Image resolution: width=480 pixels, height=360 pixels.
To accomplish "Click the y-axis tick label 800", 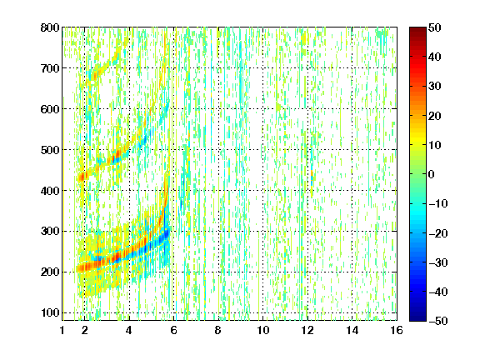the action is point(50,27).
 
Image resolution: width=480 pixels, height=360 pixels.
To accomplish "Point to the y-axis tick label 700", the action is point(50,68).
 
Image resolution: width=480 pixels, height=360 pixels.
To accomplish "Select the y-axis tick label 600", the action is point(50,109).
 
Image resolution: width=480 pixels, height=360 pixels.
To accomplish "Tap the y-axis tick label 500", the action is point(50,150).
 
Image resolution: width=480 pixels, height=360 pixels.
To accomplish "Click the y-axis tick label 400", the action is point(50,191).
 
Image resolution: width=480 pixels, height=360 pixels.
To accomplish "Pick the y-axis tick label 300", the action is point(50,232).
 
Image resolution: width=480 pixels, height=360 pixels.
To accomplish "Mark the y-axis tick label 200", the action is point(50,272).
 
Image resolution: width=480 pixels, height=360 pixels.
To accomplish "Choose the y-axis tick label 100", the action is point(50,312).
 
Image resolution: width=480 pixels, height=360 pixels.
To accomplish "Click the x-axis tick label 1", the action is point(62,330).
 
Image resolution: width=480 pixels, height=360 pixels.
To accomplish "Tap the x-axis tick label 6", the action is point(174,330).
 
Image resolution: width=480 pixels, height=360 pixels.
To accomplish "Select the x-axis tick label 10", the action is point(263,330).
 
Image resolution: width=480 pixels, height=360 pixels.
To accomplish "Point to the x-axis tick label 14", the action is point(352,330).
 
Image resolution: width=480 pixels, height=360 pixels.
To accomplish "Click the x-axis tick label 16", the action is point(397,330).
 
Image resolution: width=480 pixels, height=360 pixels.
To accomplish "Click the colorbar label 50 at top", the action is point(434,27).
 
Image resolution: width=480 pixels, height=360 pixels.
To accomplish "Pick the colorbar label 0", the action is point(432,174).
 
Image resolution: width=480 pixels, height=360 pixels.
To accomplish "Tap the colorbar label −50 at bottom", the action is point(437,321).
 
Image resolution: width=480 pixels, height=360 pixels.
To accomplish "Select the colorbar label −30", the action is point(437,262).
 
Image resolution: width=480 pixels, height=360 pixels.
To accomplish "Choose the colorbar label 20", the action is point(434,116).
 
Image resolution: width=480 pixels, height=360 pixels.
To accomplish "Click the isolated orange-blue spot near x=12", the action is point(312,177).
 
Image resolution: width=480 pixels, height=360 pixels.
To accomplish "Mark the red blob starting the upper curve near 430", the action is point(82,177).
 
